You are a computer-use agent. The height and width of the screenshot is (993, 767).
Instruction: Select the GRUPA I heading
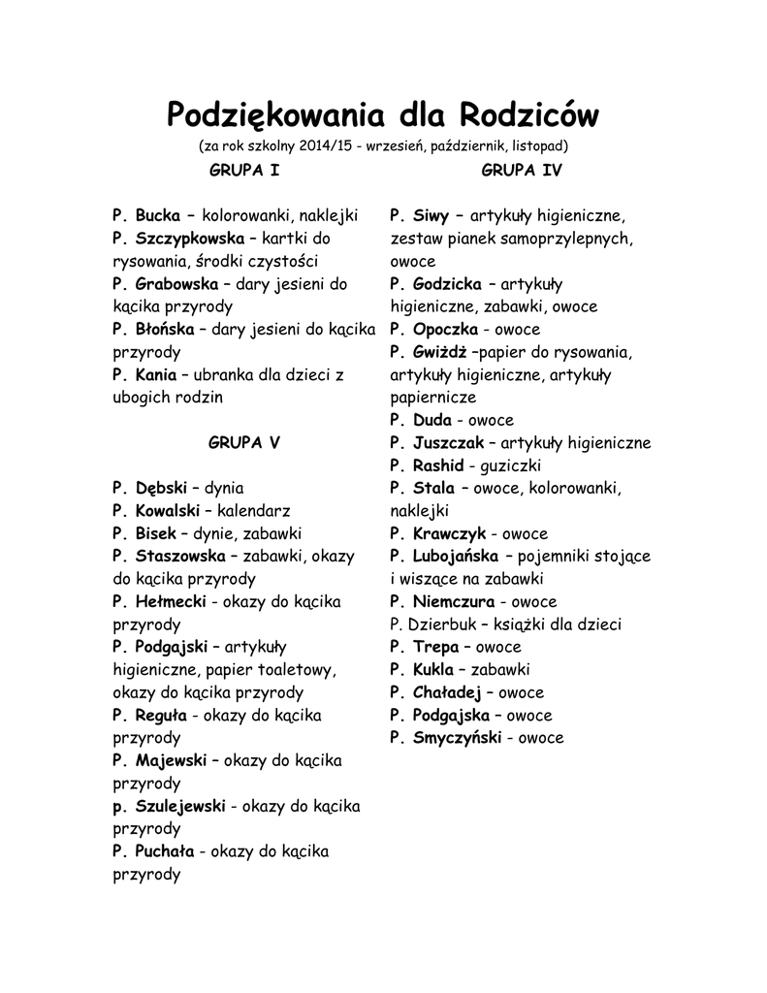coord(244,171)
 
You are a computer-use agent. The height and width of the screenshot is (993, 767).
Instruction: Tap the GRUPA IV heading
coord(522,171)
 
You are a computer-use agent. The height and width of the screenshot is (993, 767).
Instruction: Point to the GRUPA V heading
coord(244,442)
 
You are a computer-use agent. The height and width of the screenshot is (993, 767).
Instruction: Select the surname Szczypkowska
coord(190,238)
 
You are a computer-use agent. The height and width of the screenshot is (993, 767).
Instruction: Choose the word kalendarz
coord(254,510)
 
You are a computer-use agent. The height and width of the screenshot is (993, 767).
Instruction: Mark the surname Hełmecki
coord(171,601)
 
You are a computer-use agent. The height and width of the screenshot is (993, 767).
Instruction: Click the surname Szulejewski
coord(180,806)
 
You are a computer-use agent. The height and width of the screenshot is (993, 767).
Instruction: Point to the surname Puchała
coord(165,851)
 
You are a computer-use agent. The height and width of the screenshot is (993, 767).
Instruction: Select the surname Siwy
coord(431,215)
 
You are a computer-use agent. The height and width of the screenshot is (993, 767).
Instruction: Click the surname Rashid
coord(438,465)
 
